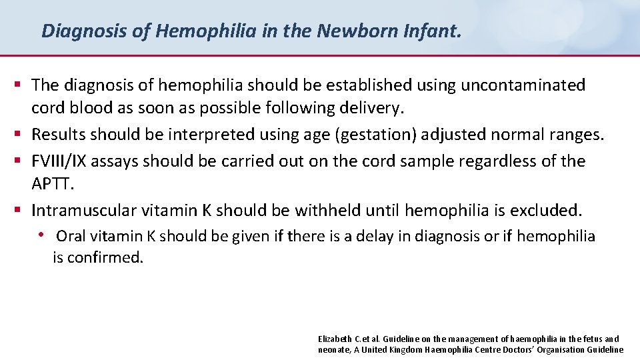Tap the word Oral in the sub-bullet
pyautogui.click(x=71, y=237)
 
